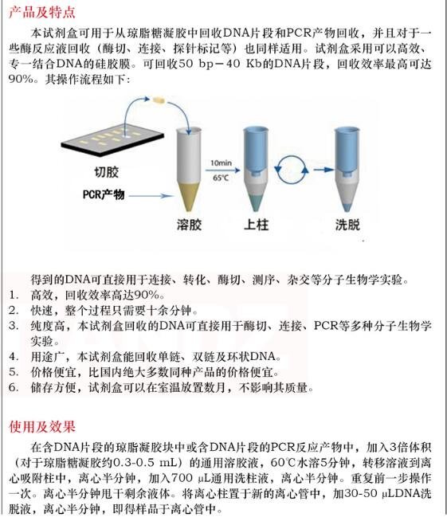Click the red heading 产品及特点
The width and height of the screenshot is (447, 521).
pos(41,11)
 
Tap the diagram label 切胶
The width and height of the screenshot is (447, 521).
pos(96,172)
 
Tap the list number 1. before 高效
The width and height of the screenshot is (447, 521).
pos(14,295)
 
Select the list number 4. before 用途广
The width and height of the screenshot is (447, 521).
pos(14,355)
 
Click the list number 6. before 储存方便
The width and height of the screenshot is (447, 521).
pos(14,388)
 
